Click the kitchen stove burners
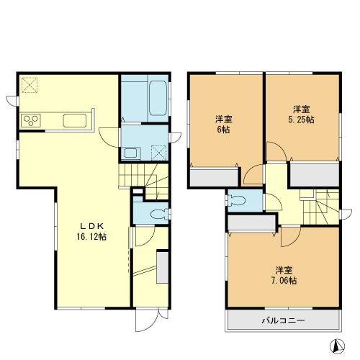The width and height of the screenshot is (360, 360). point(32,120)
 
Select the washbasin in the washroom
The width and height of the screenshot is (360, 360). point(131,152)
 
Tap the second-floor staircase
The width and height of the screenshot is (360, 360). point(320,205)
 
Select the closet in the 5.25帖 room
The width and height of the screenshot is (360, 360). point(314,174)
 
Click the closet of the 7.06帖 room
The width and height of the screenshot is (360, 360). point(251,223)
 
